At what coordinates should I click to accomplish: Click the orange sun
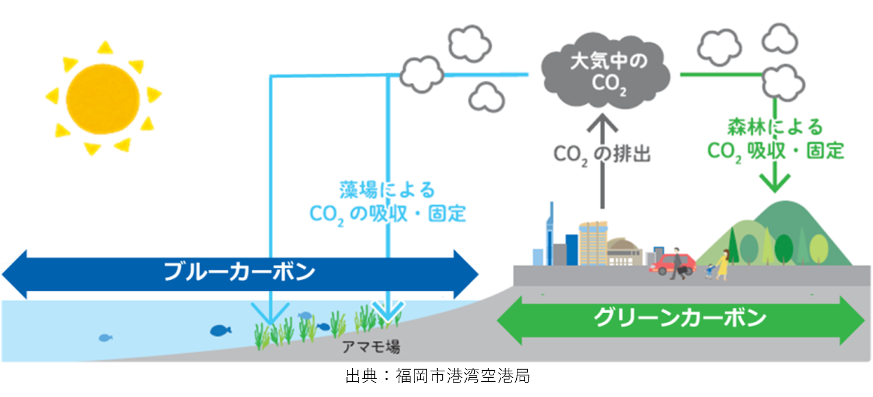click(103, 97)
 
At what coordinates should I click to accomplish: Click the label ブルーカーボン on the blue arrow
click(239, 272)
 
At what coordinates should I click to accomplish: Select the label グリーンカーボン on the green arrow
click(680, 318)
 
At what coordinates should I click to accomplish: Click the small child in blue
click(709, 271)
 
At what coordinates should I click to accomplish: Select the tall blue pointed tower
click(549, 233)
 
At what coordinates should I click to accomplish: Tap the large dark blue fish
click(220, 331)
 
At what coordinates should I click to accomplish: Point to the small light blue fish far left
click(105, 338)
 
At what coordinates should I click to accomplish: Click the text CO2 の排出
click(601, 154)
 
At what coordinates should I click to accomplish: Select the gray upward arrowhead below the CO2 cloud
click(601, 124)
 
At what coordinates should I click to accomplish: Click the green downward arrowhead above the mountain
click(776, 183)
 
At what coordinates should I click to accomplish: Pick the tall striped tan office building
click(593, 243)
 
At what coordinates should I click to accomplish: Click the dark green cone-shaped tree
click(734, 245)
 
